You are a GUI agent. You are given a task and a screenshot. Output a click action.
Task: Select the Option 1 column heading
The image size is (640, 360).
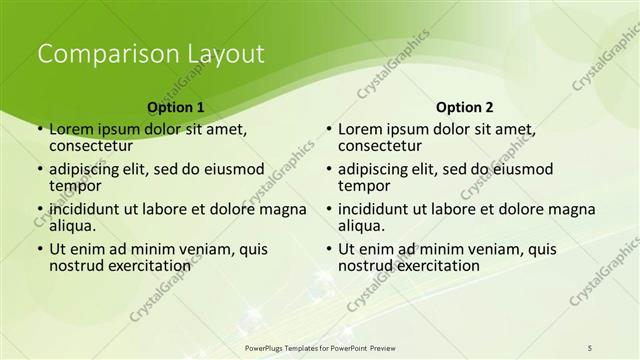pyautogui.click(x=176, y=107)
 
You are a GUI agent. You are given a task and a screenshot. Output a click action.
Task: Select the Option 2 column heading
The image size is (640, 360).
pyautogui.click(x=465, y=107)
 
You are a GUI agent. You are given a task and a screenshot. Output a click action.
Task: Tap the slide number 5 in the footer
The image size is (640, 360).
pyautogui.click(x=590, y=346)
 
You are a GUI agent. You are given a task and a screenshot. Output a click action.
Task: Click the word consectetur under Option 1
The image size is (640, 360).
pyautogui.click(x=91, y=145)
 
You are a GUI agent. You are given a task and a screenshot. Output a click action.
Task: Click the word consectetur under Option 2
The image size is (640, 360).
pyautogui.click(x=380, y=145)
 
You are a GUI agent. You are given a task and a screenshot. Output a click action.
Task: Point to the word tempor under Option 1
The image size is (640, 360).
pyautogui.click(x=75, y=185)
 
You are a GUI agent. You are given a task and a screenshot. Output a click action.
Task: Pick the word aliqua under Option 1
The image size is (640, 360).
pyautogui.click(x=72, y=226)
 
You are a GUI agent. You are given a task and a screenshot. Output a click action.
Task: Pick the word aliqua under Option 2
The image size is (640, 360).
pyautogui.click(x=361, y=226)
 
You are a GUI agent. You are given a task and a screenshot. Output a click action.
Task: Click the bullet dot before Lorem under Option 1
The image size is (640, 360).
pyautogui.click(x=40, y=130)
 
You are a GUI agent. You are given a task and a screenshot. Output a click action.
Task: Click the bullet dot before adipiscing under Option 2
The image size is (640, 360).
pyautogui.click(x=329, y=170)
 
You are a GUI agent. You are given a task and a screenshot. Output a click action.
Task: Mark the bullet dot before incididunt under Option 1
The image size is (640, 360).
pyautogui.click(x=40, y=210)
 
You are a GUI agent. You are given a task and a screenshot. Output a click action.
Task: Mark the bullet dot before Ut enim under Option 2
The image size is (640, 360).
pyautogui.click(x=329, y=250)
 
